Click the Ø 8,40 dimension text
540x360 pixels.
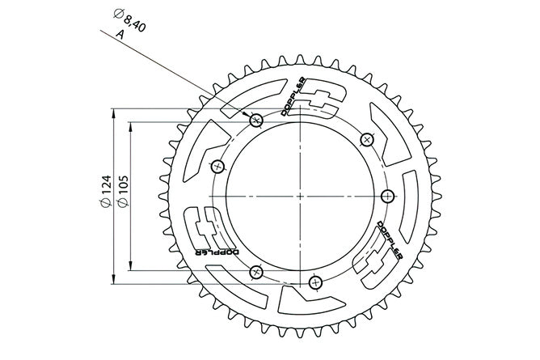[129, 21]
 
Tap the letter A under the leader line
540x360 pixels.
[120, 34]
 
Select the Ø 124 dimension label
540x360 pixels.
[106, 192]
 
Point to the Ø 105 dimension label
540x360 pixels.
[123, 192]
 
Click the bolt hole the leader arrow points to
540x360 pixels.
[256, 121]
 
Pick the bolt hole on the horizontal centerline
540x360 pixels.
[388, 197]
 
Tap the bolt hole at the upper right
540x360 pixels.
[367, 139]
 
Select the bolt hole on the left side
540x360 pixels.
[217, 167]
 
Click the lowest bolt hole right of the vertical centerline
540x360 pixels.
[315, 283]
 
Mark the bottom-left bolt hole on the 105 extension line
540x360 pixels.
[256, 273]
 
